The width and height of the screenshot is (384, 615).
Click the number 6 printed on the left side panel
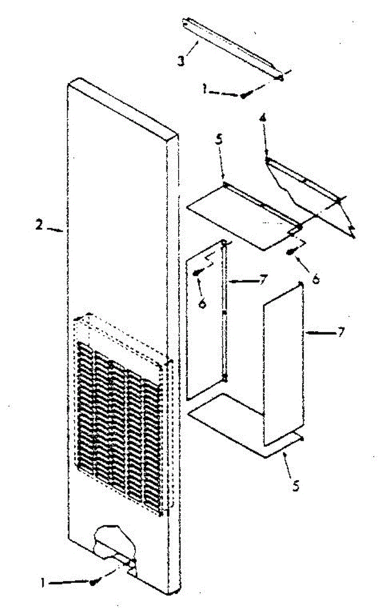tap(202, 303)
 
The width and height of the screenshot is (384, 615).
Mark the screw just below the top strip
tap(245, 94)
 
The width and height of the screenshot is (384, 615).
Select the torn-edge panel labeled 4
tap(307, 195)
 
